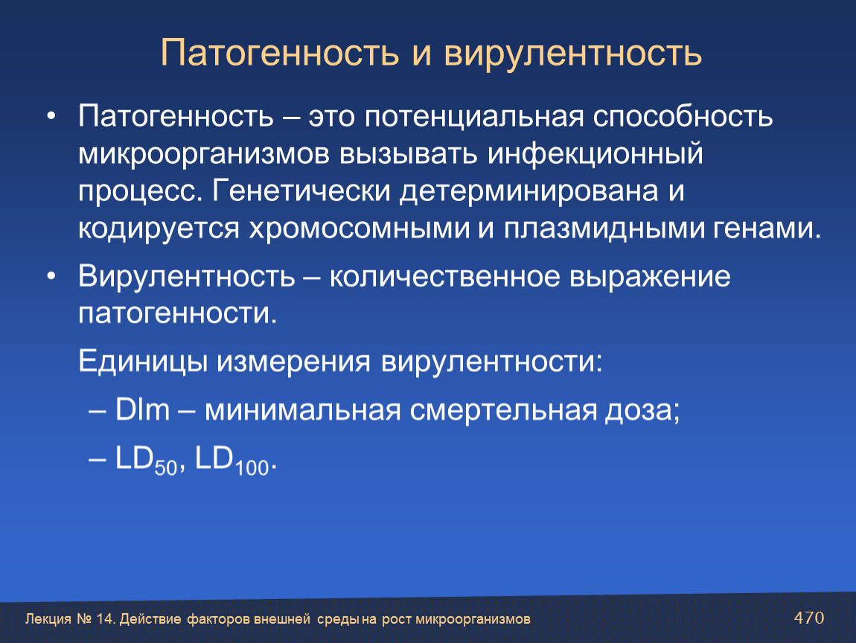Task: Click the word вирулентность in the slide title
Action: coord(572,54)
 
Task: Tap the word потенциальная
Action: coord(474,116)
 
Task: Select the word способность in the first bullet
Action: coord(683,116)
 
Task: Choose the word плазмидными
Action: coord(603,228)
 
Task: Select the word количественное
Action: coord(444,277)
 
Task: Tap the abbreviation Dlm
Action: coord(142,409)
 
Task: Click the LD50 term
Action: coord(146,460)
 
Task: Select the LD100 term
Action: coord(232,460)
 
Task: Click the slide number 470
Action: coord(808,618)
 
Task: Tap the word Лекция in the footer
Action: coord(48,619)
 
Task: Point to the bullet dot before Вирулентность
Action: coord(51,277)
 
